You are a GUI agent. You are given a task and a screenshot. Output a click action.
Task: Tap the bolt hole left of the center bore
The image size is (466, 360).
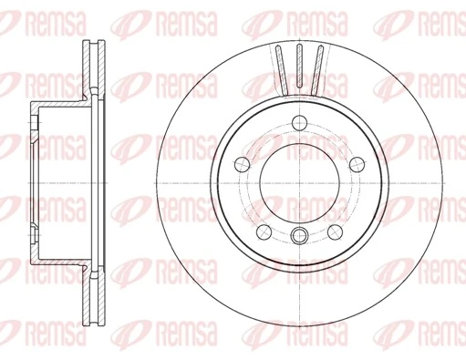pos(243,163)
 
